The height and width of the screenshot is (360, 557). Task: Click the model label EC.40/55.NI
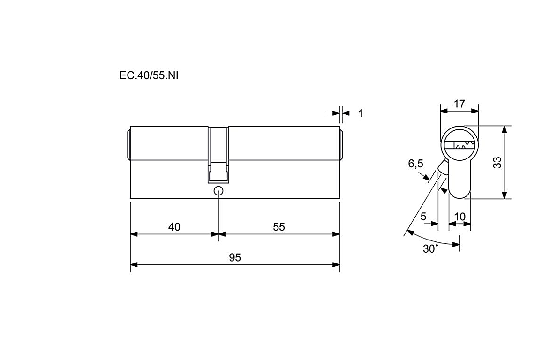149,75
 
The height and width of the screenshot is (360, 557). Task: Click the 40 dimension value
174,226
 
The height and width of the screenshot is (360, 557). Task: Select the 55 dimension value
279,226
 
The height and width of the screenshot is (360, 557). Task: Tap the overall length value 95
235,257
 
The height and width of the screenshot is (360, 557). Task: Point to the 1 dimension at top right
361,113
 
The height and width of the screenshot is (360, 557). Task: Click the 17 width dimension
459,104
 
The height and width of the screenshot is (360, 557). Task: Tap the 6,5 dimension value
415,164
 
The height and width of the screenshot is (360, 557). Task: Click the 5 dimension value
423,216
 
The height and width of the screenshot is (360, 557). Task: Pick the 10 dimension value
459,216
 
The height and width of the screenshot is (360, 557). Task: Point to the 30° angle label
430,249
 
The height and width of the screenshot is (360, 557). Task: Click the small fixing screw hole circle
218,191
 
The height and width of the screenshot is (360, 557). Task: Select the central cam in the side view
218,155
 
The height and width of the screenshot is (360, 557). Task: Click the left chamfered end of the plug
128,145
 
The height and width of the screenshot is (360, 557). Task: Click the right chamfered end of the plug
341,145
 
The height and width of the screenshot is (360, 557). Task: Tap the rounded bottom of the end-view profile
459,193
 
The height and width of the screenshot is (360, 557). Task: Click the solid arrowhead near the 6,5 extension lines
444,191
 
